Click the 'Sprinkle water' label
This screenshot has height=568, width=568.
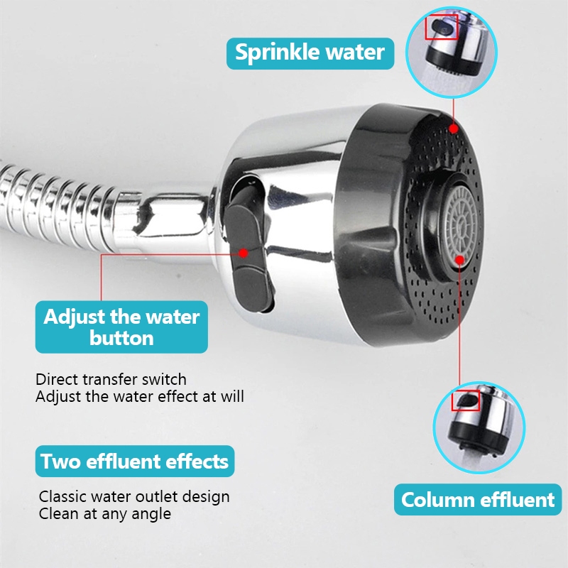click(x=310, y=53)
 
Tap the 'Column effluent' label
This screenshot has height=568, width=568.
click(x=478, y=500)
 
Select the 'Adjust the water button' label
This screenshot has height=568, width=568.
click(x=121, y=327)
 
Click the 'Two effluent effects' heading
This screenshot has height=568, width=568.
click(x=135, y=461)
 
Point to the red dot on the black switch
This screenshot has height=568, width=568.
click(x=244, y=253)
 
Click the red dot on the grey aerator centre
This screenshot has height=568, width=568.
click(x=459, y=260)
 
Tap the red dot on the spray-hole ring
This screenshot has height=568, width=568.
click(x=453, y=129)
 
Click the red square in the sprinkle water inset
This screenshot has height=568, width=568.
click(x=441, y=27)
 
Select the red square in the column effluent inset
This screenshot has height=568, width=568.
click(x=466, y=400)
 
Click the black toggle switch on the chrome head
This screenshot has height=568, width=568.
click(x=250, y=250)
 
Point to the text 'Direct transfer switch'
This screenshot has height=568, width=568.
click(x=111, y=380)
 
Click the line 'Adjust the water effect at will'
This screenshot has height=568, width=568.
click(x=140, y=396)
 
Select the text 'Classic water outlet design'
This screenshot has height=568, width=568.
click(x=134, y=496)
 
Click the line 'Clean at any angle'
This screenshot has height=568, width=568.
click(x=104, y=513)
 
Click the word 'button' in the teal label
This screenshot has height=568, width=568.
click(x=121, y=339)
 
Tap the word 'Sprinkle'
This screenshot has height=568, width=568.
click(x=273, y=53)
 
